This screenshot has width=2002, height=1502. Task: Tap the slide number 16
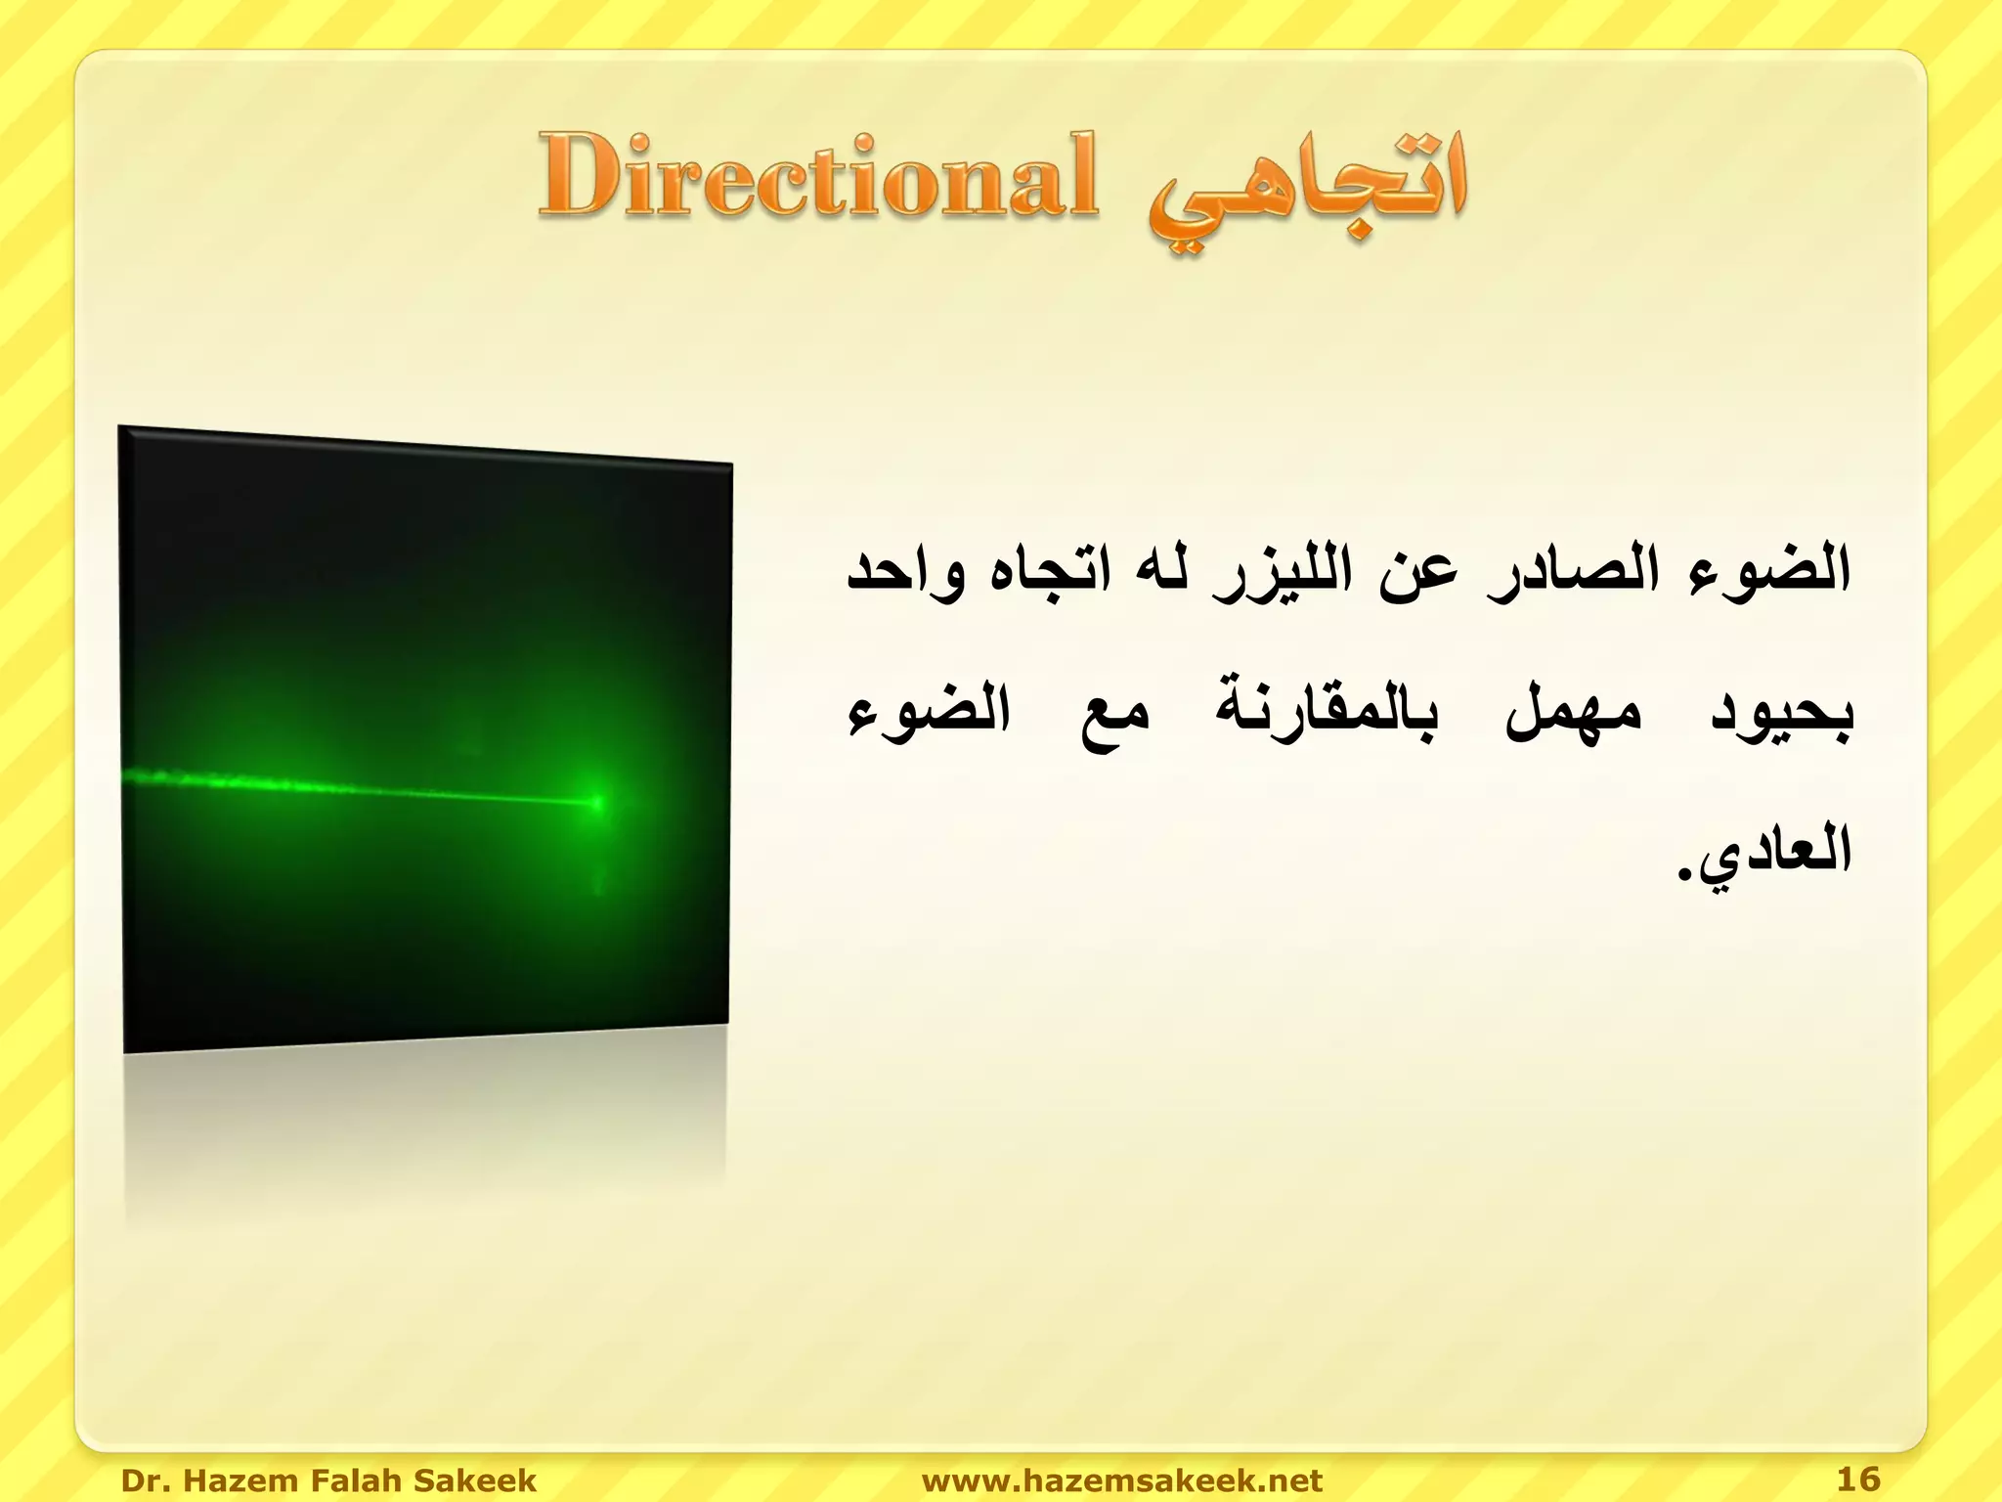pos(1857,1479)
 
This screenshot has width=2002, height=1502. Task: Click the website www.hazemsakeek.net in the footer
pos(1121,1480)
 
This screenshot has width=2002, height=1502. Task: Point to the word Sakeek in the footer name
pos(475,1480)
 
